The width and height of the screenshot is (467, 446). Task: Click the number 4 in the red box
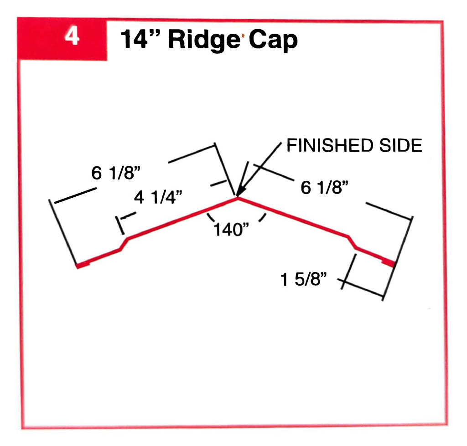72,37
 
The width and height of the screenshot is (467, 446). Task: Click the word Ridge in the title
207,41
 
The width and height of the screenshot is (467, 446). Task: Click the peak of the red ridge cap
237,198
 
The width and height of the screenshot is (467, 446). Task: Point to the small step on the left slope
124,244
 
